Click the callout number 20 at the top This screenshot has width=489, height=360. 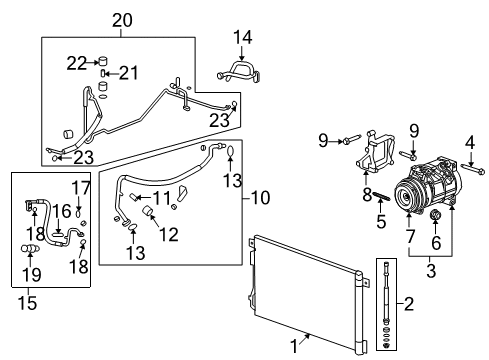(121, 20)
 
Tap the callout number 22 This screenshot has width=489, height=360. (76, 62)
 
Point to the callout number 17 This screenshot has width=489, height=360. (81, 187)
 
